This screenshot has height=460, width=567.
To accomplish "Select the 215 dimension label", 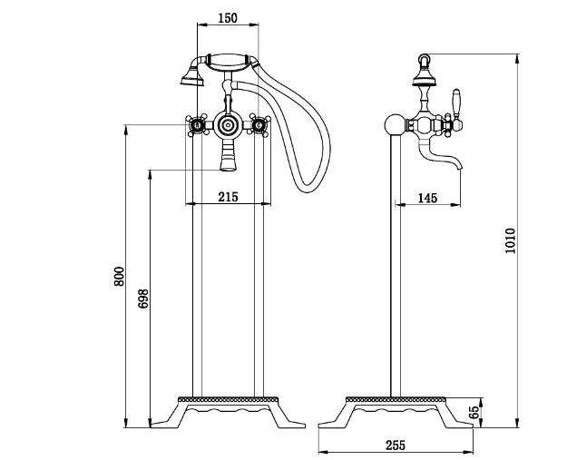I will (x=227, y=197).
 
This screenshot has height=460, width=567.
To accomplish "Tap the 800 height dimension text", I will (x=118, y=277).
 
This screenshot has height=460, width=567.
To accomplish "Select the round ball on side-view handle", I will (x=395, y=124).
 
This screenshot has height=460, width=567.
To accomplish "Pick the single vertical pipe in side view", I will (x=394, y=272).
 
